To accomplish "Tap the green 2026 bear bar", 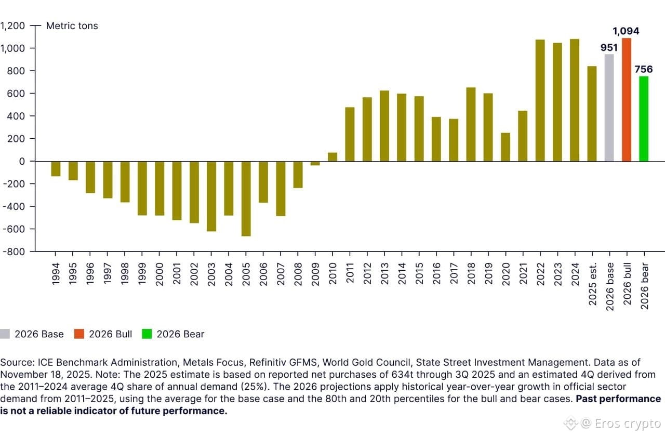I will click(644, 119).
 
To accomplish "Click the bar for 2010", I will click(332, 157).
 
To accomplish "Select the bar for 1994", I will click(56, 169).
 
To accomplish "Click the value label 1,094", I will click(626, 31).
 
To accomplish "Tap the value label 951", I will click(609, 48).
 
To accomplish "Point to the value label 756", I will click(643, 69).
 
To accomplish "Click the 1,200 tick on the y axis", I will click(12, 25).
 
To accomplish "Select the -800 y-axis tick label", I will click(12, 252).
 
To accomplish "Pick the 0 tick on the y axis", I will click(22, 161).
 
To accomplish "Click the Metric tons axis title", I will click(72, 25).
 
